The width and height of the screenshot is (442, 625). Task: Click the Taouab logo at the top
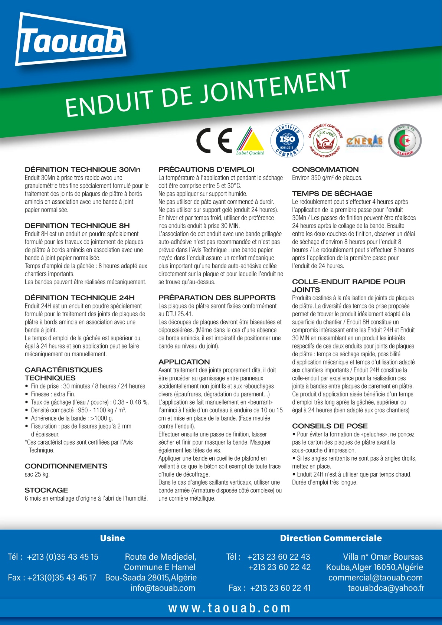[x=71, y=40]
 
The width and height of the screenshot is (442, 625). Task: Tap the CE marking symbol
[x=214, y=141]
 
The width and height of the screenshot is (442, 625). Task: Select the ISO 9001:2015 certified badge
[x=287, y=141]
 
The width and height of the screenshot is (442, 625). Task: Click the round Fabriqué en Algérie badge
[x=405, y=141]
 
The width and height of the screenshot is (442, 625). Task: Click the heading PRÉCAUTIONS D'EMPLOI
[x=206, y=170]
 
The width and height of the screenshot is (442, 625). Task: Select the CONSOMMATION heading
[x=325, y=170]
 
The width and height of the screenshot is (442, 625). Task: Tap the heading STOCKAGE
[x=46, y=490]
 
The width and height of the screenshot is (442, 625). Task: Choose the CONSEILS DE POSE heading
[x=330, y=426]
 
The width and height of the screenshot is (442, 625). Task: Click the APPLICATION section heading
[x=184, y=362]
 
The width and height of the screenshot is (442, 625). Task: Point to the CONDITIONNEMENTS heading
[x=66, y=466]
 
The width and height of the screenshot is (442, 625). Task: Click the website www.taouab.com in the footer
[x=229, y=608]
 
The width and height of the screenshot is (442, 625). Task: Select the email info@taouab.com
[x=163, y=588]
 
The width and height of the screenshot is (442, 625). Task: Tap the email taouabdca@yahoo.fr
[x=386, y=588]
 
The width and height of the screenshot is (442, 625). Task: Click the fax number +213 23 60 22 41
[x=280, y=588]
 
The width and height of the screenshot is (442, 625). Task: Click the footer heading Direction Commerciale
[x=331, y=538]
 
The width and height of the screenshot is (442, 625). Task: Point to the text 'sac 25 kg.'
[x=37, y=474]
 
